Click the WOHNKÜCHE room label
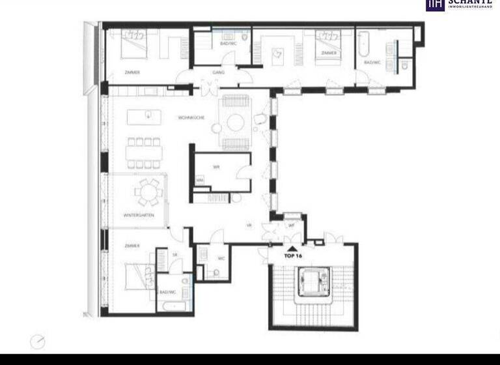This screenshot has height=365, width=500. [191, 117]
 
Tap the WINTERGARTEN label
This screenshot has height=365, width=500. [139, 214]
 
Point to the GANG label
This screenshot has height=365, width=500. [218, 73]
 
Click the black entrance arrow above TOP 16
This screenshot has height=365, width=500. [294, 248]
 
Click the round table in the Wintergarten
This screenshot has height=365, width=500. [145, 192]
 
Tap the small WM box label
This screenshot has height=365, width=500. [200, 180]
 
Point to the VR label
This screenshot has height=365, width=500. [249, 226]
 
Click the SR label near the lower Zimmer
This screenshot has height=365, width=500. [175, 254]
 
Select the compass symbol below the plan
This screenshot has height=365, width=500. [38, 341]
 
